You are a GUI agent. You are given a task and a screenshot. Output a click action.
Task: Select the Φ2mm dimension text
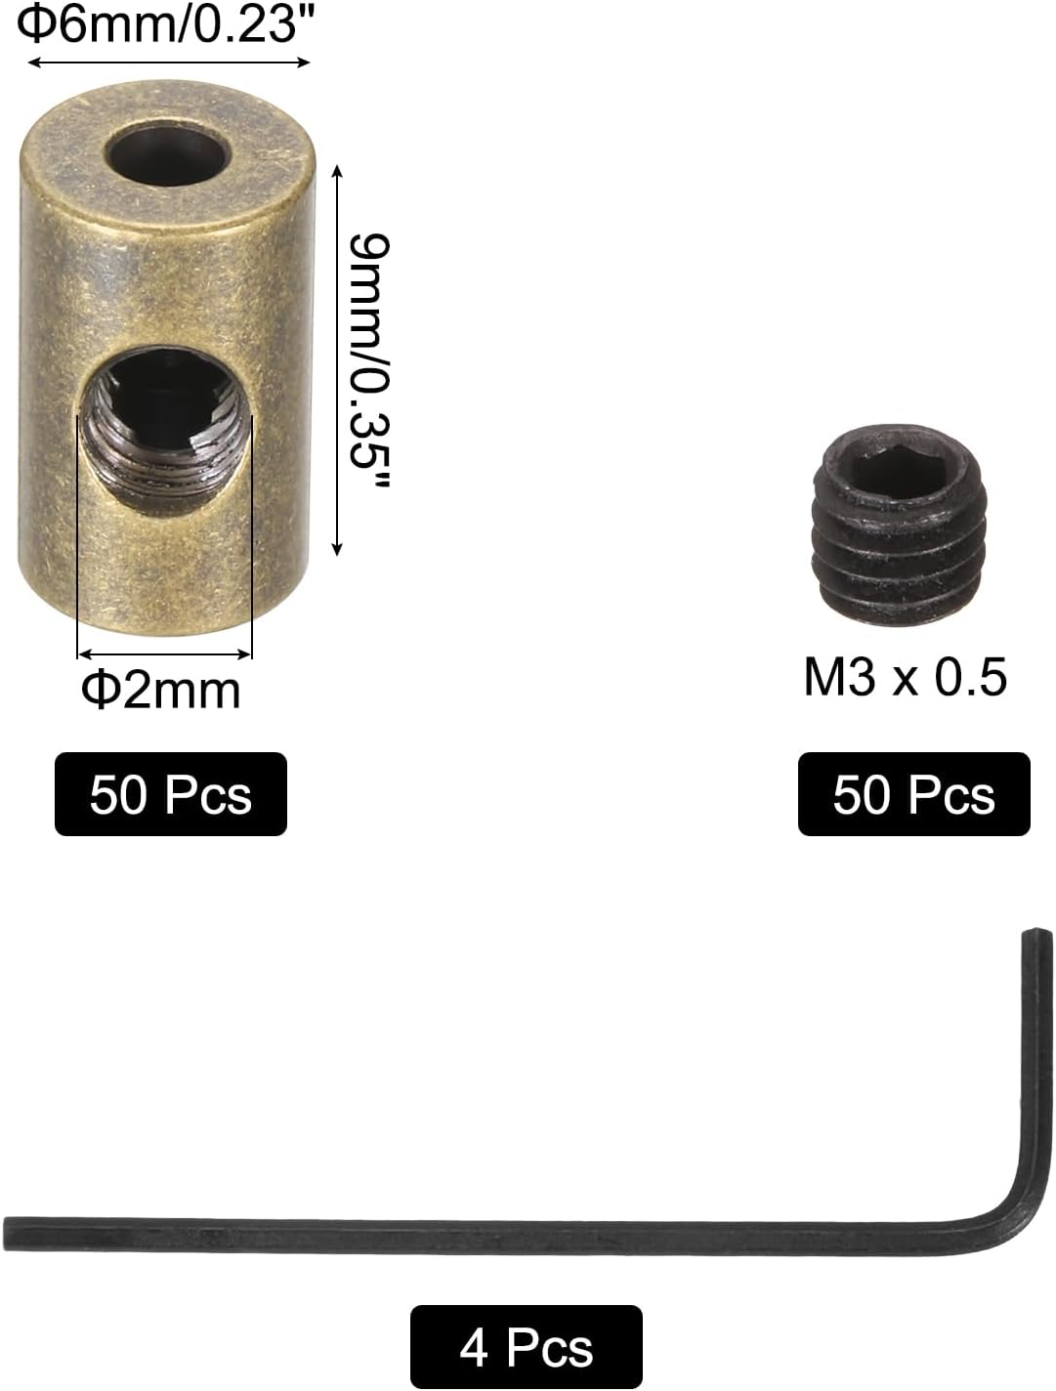161,691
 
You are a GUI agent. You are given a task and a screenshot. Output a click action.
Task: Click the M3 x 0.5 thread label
905,677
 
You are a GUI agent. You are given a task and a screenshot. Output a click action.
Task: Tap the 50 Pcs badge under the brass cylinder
171,794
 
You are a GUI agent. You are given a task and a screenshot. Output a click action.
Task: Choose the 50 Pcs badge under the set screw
913,794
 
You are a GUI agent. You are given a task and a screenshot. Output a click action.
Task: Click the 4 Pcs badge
526,1348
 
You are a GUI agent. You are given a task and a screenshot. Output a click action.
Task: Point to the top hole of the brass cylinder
167,152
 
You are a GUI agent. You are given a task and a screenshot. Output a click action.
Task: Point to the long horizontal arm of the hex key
488,1233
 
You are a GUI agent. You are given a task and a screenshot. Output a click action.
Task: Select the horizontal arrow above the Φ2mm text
164,653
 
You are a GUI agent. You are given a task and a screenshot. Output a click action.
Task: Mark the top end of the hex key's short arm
1036,935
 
